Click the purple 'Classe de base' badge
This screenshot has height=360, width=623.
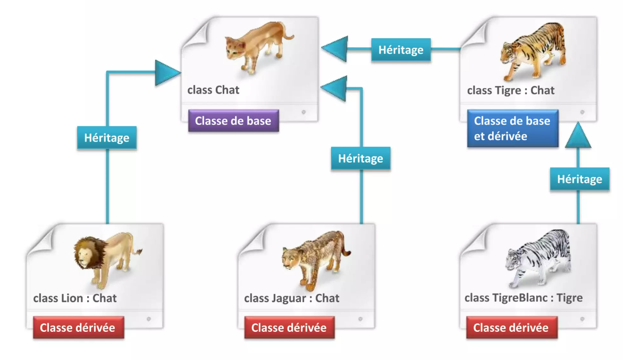pos(233,121)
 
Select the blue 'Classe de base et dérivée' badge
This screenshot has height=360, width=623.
pos(512,129)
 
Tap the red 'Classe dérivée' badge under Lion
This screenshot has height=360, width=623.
pos(78,328)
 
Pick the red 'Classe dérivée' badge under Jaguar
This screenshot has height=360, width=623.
pos(289,328)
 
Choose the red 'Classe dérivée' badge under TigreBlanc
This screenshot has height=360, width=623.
pos(511,328)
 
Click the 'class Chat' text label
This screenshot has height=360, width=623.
pos(213,90)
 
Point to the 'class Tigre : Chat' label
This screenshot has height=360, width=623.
pos(510,90)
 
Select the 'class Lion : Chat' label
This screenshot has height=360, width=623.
pos(75,298)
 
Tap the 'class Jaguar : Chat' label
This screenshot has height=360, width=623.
pos(291,298)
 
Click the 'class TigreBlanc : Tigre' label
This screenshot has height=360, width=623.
pos(523,298)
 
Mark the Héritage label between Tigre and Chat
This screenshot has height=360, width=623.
pos(401,50)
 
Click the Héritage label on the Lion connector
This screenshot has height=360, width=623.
pos(107,138)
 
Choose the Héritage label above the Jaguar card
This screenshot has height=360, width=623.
pos(360,158)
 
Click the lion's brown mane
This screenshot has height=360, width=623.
pos(85,253)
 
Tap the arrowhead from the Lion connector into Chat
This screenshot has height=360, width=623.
pos(167,73)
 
